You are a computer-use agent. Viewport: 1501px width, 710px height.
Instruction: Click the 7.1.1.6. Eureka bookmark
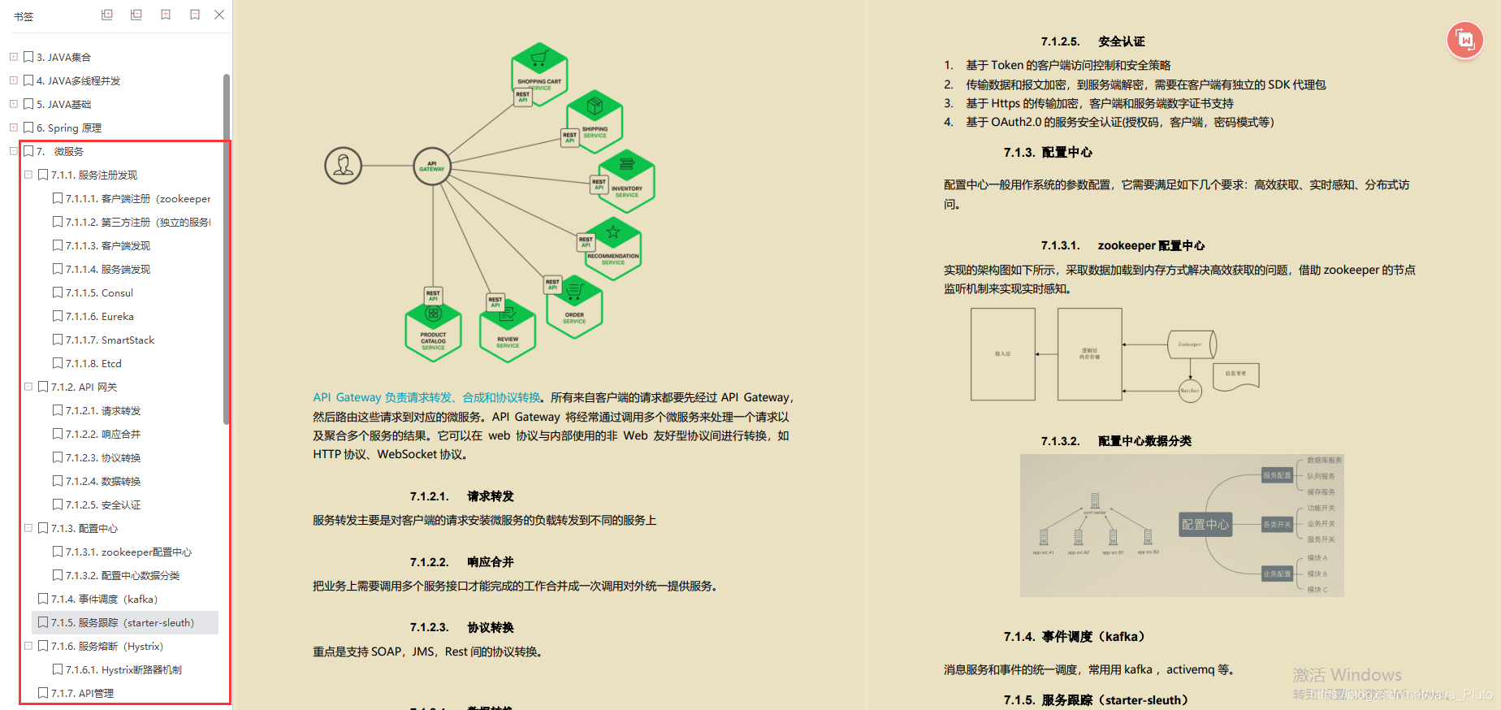click(x=100, y=317)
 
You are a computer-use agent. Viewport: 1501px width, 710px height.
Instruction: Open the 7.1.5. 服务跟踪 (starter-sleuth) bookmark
click(x=122, y=623)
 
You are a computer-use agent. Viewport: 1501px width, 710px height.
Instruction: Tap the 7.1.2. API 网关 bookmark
click(x=84, y=387)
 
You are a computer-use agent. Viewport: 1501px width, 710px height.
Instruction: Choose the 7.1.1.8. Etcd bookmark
click(x=93, y=364)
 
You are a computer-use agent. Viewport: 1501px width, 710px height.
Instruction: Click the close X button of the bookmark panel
click(x=219, y=15)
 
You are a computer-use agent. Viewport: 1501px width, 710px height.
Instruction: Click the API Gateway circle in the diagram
click(x=432, y=166)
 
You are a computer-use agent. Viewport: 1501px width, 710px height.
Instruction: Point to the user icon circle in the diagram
click(x=344, y=166)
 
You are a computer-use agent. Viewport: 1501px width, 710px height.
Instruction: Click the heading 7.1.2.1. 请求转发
click(x=461, y=496)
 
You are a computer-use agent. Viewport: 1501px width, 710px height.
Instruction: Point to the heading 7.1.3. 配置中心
click(x=1048, y=153)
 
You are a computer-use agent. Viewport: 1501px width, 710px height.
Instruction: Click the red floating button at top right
click(x=1465, y=40)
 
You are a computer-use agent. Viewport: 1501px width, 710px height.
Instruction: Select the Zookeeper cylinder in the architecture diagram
click(x=1191, y=344)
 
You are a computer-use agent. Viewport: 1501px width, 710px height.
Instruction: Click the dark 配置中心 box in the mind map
click(x=1205, y=525)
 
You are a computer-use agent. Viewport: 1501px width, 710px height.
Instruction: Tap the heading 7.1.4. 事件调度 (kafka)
click(x=1074, y=637)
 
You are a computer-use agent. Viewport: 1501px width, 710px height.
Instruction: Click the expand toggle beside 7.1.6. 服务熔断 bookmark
click(x=28, y=647)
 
